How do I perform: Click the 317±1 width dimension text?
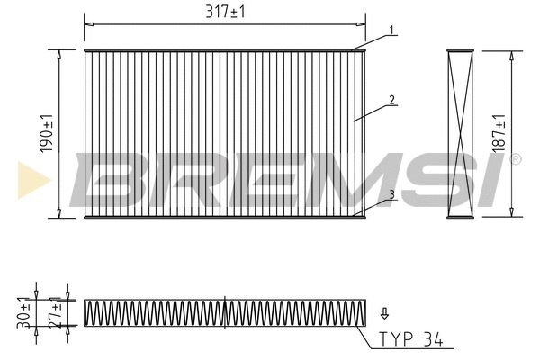click(x=225, y=12)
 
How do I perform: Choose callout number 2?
click(x=393, y=100)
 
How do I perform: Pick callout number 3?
click(x=393, y=193)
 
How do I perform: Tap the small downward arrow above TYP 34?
click(x=384, y=313)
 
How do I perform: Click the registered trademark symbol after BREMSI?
click(x=515, y=159)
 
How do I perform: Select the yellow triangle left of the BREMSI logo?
click(x=28, y=180)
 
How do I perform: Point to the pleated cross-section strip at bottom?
click(x=225, y=312)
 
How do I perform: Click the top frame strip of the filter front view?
click(x=225, y=50)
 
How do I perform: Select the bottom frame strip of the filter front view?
click(x=225, y=216)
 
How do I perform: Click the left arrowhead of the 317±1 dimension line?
click(x=87, y=18)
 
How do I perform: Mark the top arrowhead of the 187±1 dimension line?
click(x=512, y=53)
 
